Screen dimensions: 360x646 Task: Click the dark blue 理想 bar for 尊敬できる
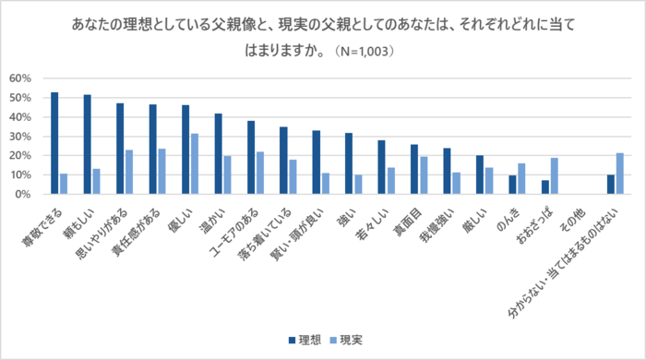[54, 143]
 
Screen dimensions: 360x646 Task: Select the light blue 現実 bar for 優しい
[194, 164]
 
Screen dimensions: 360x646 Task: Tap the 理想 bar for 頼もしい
[87, 145]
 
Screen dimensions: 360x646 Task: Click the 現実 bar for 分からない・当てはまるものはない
[620, 174]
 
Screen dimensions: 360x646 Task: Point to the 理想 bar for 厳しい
[480, 175]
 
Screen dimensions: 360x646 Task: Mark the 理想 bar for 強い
[349, 163]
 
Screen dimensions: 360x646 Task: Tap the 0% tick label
[24, 195]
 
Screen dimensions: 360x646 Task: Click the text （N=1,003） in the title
[356, 52]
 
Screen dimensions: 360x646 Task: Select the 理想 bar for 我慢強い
[447, 172]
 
